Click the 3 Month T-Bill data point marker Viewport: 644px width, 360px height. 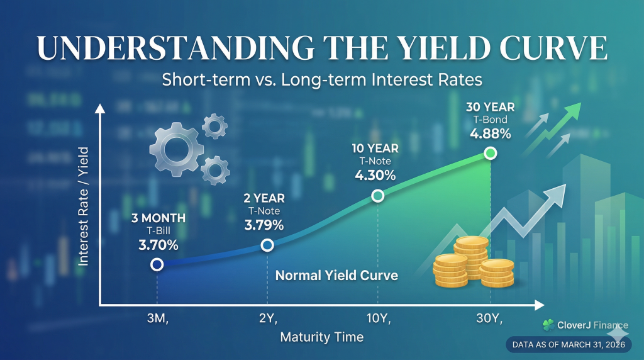[157, 265]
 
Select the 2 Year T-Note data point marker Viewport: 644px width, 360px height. [267, 245]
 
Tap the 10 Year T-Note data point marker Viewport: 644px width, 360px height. [377, 196]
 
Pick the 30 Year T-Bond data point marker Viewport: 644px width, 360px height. [491, 153]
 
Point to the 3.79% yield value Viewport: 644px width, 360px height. [264, 225]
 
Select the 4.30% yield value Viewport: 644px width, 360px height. [375, 176]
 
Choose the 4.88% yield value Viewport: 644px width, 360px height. [490, 133]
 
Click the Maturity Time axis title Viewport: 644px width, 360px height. [321, 337]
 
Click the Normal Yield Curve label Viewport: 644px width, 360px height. [336, 276]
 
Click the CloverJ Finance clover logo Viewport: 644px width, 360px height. [548, 325]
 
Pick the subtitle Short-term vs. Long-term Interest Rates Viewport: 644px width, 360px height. [321, 81]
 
